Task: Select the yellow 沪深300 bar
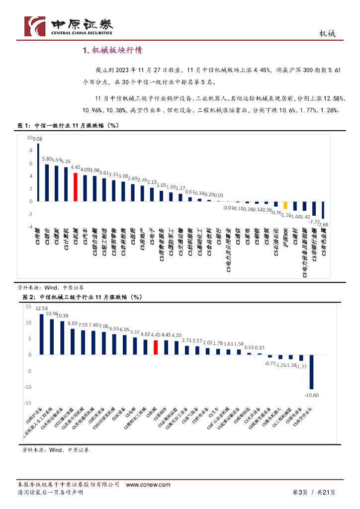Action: [285, 205]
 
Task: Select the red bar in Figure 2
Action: [156, 347]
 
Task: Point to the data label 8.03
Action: [73, 323]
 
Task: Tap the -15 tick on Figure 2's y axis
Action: [27, 403]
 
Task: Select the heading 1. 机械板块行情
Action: [112, 50]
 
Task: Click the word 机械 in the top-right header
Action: [327, 34]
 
